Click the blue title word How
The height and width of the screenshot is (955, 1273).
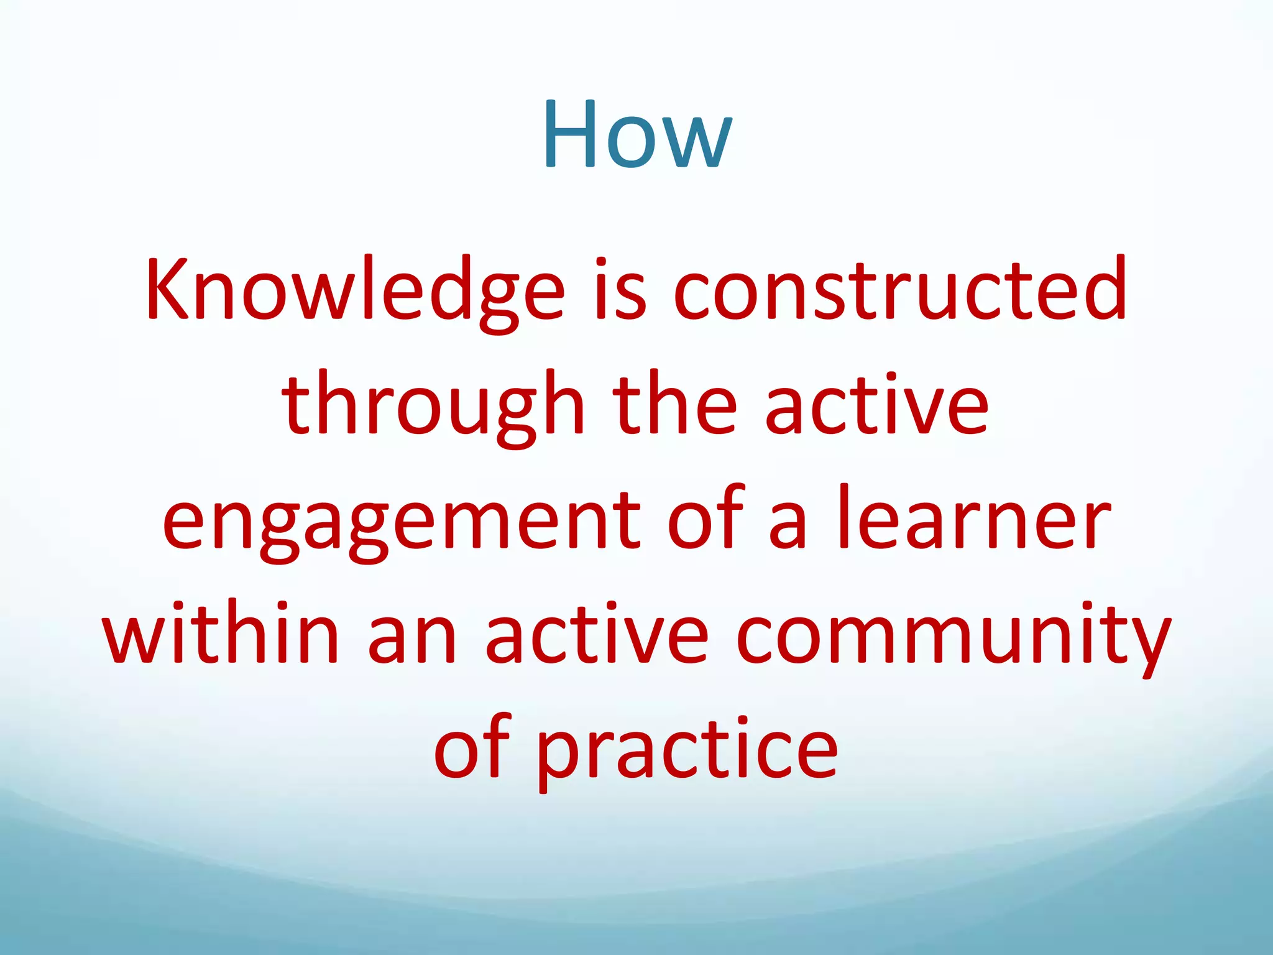point(636,135)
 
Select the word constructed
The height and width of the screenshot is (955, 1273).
point(899,290)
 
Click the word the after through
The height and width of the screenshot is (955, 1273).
point(674,404)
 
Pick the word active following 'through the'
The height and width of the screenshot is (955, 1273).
point(876,404)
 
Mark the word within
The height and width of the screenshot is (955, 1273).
point(221,634)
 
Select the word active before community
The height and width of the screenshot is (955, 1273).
point(596,634)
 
